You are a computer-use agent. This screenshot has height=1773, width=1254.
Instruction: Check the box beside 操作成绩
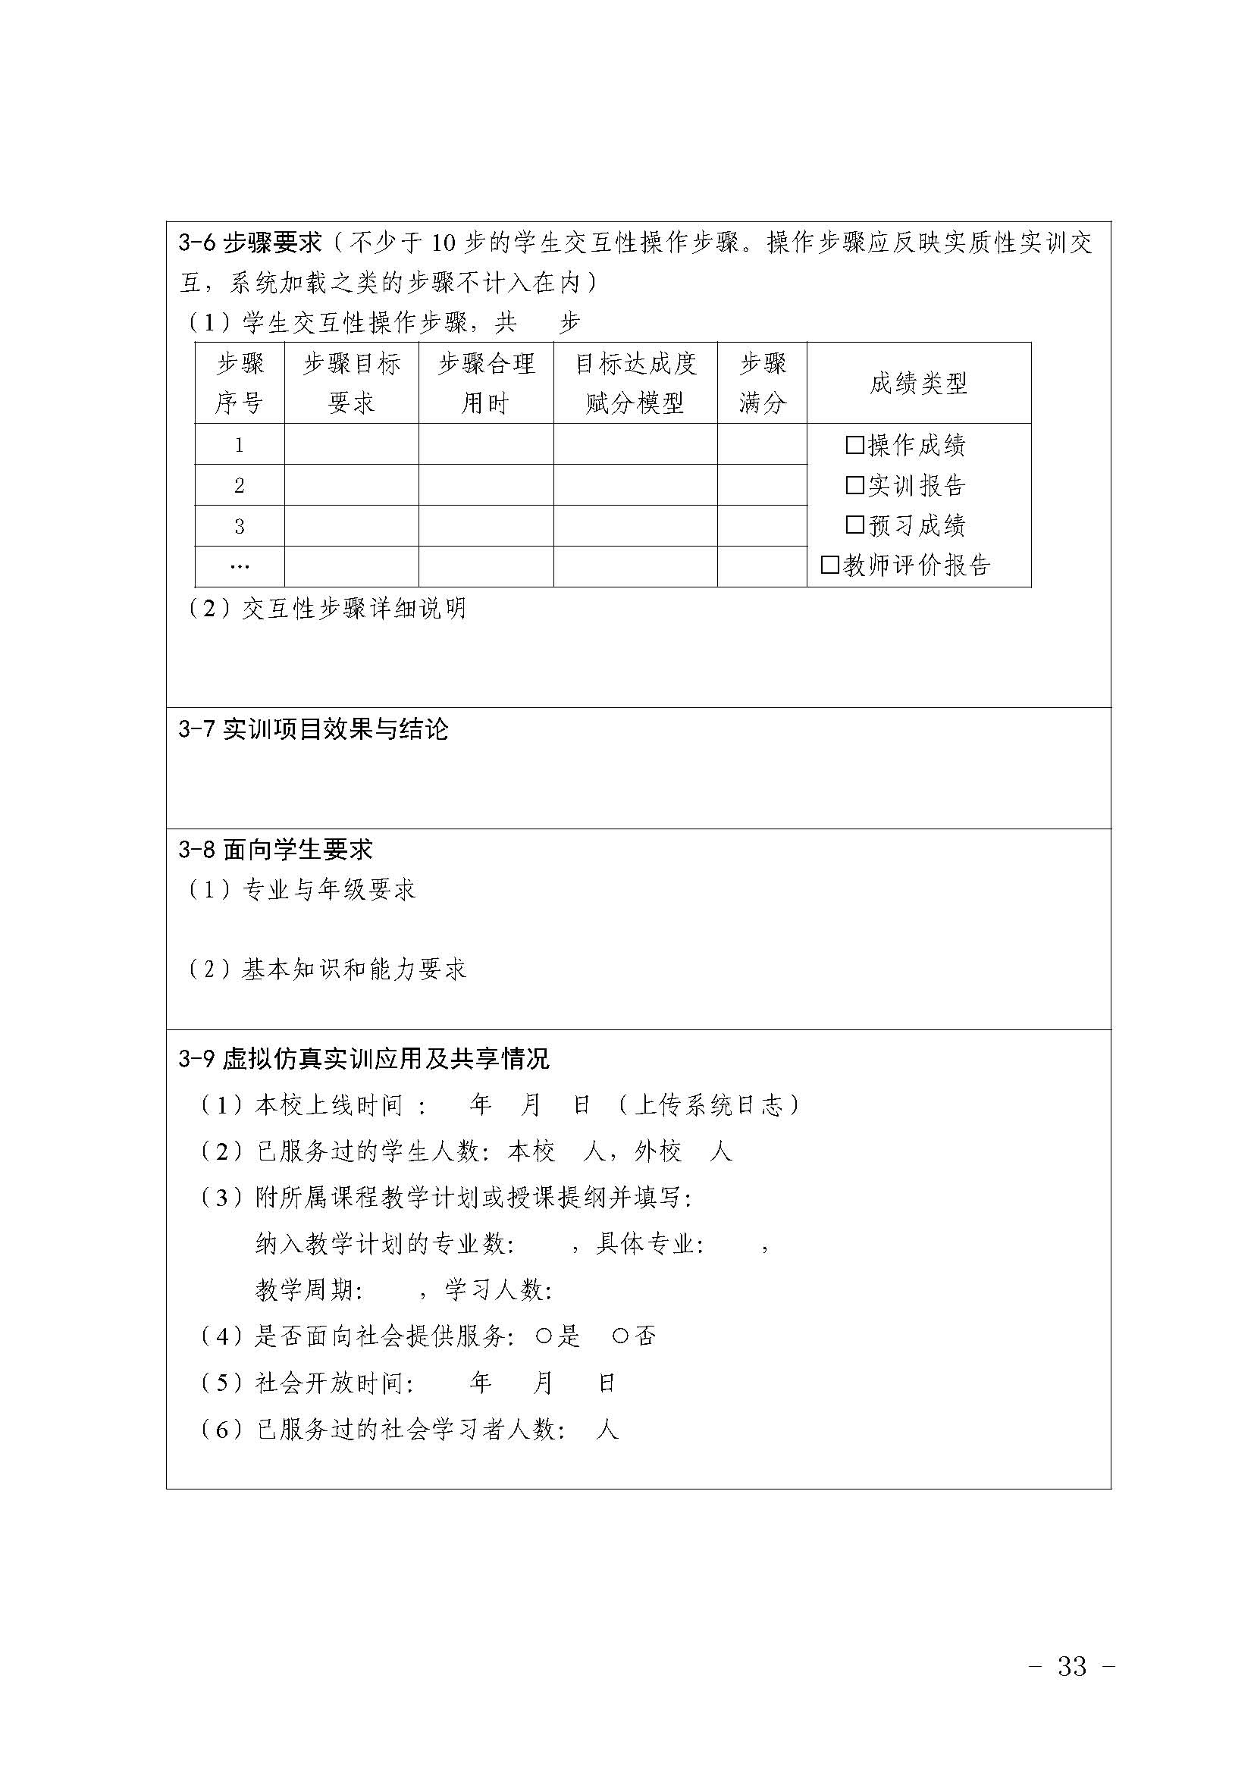[854, 445]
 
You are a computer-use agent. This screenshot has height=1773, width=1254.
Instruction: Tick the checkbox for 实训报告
[854, 485]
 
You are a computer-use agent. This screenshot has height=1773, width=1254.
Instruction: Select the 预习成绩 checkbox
[854, 525]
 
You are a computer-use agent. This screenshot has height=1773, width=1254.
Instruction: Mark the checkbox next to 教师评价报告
[830, 565]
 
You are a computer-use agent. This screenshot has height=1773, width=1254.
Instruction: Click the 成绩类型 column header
[918, 383]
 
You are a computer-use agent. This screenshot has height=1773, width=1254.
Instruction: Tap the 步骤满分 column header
[761, 383]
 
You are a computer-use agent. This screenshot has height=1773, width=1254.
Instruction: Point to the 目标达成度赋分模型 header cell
[635, 383]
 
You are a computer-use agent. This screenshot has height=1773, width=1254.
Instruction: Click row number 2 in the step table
[240, 486]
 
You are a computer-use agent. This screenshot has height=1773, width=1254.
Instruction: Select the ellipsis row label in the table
[240, 566]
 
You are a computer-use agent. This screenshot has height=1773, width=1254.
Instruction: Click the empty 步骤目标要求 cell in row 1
[351, 444]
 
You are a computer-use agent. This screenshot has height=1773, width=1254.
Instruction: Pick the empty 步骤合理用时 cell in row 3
[486, 526]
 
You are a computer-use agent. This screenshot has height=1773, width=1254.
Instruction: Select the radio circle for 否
[620, 1336]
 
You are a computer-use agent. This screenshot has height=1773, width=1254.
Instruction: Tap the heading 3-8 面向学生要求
[276, 850]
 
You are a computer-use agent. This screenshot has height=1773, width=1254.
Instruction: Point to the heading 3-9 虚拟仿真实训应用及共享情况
[364, 1059]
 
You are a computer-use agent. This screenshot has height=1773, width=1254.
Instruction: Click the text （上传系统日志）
[709, 1106]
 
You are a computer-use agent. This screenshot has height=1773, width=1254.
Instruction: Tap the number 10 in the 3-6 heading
[444, 243]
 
